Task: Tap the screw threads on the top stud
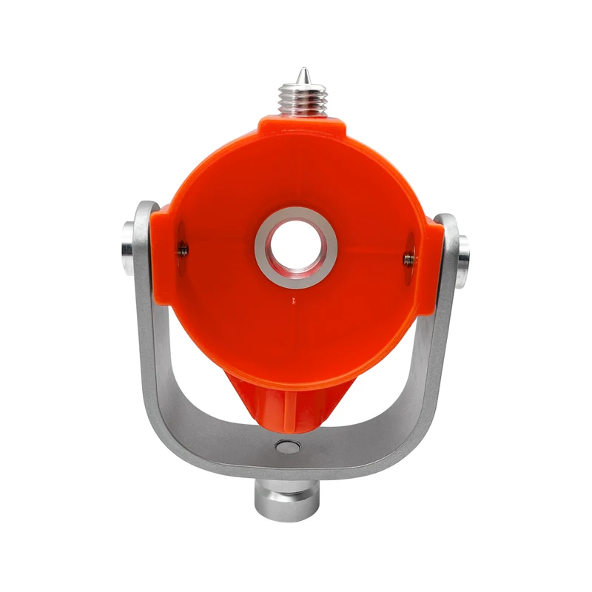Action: pos(303,97)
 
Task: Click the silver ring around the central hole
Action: pos(296,222)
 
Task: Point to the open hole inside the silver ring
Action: pos(296,246)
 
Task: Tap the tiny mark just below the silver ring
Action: pos(294,300)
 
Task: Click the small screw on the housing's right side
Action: pos(408,257)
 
